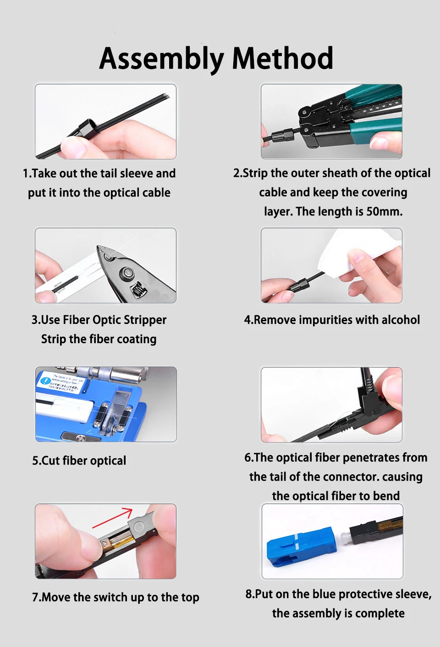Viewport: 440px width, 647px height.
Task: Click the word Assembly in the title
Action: coord(161,59)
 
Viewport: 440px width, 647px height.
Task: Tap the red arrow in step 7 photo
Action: coord(112,518)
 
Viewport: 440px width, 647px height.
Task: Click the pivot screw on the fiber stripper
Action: coord(127,272)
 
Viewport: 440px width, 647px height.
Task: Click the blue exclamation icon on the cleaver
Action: coord(45,380)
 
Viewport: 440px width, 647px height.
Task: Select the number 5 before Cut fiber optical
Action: coord(35,461)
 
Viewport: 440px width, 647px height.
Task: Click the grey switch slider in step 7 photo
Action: coord(139,526)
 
